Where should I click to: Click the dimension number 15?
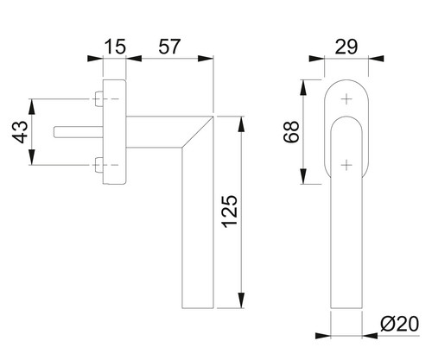115,47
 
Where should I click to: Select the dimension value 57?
169,47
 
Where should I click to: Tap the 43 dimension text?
21,132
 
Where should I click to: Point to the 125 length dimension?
230,212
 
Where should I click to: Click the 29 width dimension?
346,47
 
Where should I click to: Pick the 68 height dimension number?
291,132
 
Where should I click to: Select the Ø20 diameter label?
399,325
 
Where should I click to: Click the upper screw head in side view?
99,98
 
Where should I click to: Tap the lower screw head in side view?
99,165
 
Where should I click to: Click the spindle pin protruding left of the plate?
78,132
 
